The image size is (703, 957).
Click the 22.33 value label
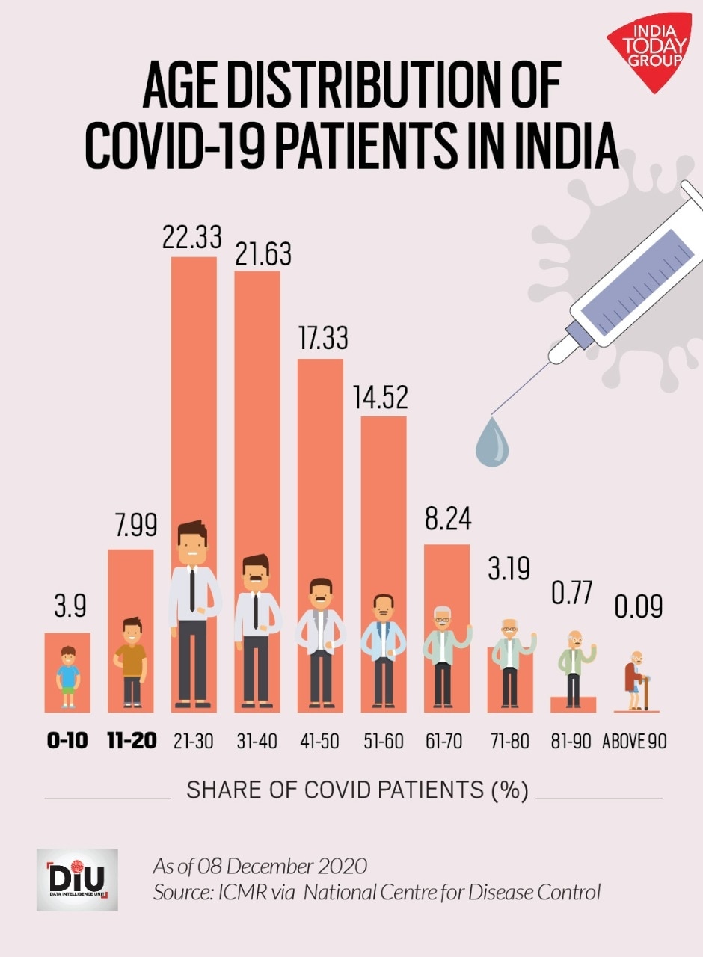tap(192, 237)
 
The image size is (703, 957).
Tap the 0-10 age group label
tap(67, 741)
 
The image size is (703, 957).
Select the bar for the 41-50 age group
tap(321, 464)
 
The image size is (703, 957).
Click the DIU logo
tap(77, 879)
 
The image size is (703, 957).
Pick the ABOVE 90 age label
tap(635, 741)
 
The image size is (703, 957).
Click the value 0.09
tap(639, 606)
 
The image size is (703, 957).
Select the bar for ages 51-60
tap(384, 501)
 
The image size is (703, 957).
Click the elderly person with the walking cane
tap(637, 679)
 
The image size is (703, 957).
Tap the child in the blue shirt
tap(68, 677)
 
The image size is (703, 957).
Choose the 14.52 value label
tap(381, 398)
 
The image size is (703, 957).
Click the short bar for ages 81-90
tap(574, 704)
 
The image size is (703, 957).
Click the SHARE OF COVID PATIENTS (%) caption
tap(357, 790)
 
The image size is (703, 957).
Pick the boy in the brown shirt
tap(132, 661)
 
